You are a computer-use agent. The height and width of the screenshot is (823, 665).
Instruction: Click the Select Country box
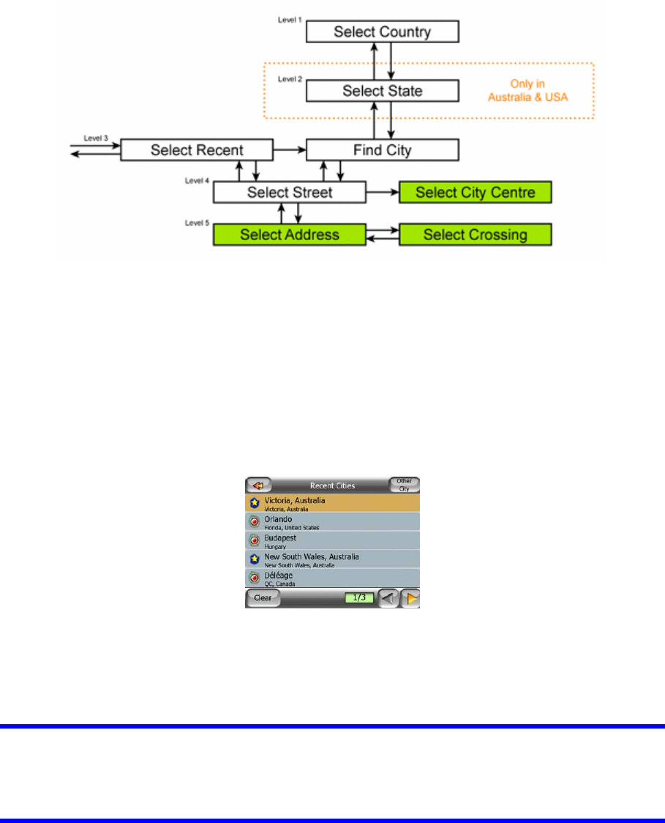[382, 31]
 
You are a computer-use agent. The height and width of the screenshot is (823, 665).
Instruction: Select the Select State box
[382, 91]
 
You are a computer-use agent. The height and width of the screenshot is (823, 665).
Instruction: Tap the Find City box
[382, 150]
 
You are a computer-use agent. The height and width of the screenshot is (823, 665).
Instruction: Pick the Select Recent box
[197, 150]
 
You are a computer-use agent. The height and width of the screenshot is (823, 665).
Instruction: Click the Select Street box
[289, 193]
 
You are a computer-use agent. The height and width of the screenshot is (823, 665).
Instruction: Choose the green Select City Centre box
[475, 193]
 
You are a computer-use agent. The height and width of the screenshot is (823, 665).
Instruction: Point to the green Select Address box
[289, 234]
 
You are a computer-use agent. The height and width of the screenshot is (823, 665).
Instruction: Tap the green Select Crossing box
[475, 234]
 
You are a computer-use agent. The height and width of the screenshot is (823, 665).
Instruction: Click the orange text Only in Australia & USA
[527, 89]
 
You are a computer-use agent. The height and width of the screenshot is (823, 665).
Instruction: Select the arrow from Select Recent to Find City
[289, 150]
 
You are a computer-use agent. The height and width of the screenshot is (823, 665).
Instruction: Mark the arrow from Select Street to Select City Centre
[382, 193]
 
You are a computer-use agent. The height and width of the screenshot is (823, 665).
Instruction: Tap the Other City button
[404, 485]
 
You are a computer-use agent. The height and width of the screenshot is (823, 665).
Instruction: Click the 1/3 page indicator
[359, 597]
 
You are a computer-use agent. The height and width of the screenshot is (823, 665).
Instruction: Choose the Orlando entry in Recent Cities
[331, 521]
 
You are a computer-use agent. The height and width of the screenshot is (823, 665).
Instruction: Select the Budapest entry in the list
[331, 540]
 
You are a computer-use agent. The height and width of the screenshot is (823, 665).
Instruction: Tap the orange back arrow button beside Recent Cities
[258, 485]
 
